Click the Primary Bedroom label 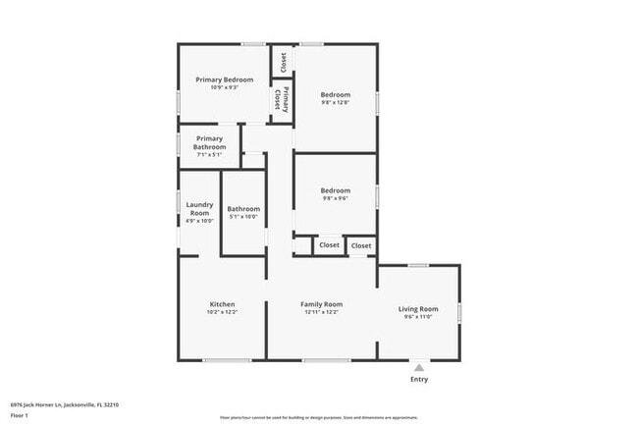point(224,80)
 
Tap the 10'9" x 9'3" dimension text point(224,87)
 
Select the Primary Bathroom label point(210,142)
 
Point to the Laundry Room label point(199,208)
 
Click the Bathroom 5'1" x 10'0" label point(243,208)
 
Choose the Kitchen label point(222,304)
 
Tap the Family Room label point(321,304)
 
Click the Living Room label point(418,310)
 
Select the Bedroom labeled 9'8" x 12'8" point(336,95)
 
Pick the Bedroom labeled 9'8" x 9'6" point(336,190)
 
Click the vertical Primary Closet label point(281,99)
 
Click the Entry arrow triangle point(418,367)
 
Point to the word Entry point(418,379)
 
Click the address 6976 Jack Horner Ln point(59,403)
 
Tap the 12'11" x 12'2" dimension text point(321,312)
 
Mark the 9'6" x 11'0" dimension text point(418,318)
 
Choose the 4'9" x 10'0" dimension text point(199,221)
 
